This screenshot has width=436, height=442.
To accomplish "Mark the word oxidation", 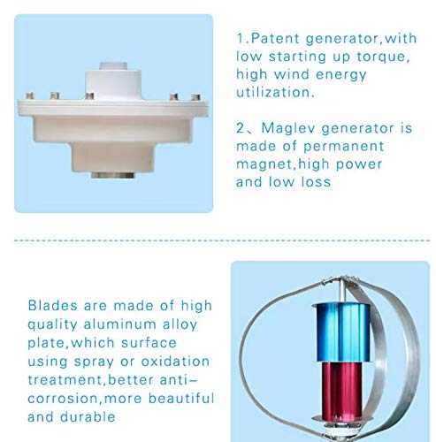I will (173, 362).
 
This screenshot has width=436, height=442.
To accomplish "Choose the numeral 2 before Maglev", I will (241, 127).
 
